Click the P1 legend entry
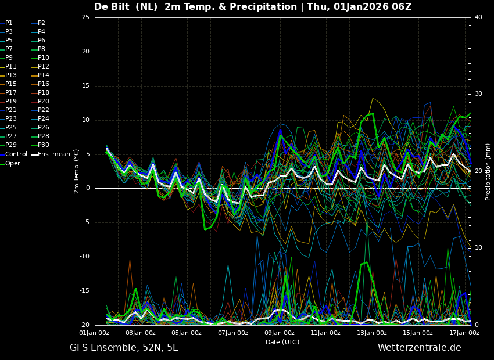[x=6, y=23]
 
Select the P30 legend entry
[x=41, y=145]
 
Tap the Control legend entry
[x=13, y=154]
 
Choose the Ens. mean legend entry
[x=51, y=154]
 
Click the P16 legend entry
[x=41, y=84]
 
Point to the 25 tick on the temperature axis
[x=85, y=17]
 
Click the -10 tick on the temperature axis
[x=84, y=257]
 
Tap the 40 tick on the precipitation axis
[x=478, y=17]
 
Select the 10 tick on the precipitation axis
[x=478, y=248]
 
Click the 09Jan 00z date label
[x=280, y=333]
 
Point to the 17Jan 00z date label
[x=464, y=333]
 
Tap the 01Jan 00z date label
[x=94, y=333]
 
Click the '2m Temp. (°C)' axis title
[x=77, y=171]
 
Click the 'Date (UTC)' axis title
[x=282, y=342]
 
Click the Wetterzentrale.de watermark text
[x=420, y=348]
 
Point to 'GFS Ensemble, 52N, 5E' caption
[x=124, y=348]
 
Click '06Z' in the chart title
[x=402, y=6]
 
